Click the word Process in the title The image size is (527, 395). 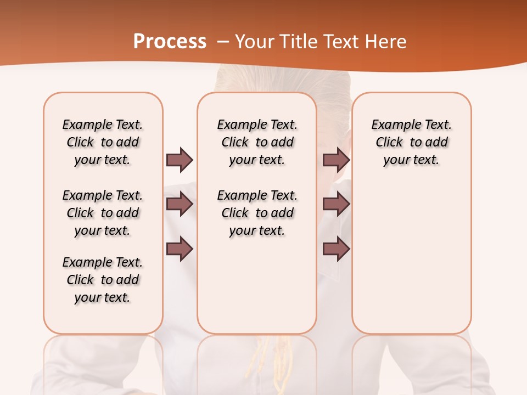[170, 42]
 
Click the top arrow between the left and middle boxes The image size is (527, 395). [180, 160]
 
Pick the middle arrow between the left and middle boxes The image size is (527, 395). [180, 204]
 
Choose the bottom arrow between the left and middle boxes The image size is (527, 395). [180, 249]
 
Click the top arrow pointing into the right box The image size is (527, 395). [336, 160]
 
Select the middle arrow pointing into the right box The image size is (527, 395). [336, 204]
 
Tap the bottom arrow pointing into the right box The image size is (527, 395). [336, 249]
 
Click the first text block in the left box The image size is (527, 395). [103, 142]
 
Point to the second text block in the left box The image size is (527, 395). [103, 213]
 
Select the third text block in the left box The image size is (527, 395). [103, 280]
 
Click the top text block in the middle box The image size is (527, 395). [257, 142]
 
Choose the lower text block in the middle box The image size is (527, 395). [257, 213]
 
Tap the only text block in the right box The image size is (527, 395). [412, 142]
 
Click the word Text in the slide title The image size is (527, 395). [340, 42]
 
